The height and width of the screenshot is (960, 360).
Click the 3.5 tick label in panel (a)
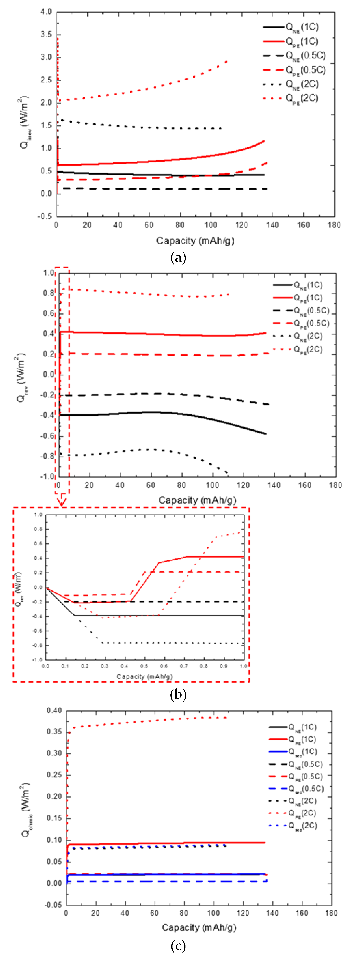pyautogui.click(x=46, y=35)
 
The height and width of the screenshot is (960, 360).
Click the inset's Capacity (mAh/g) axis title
pyautogui.click(x=145, y=676)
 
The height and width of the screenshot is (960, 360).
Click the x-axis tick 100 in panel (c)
pyautogui.click(x=213, y=913)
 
